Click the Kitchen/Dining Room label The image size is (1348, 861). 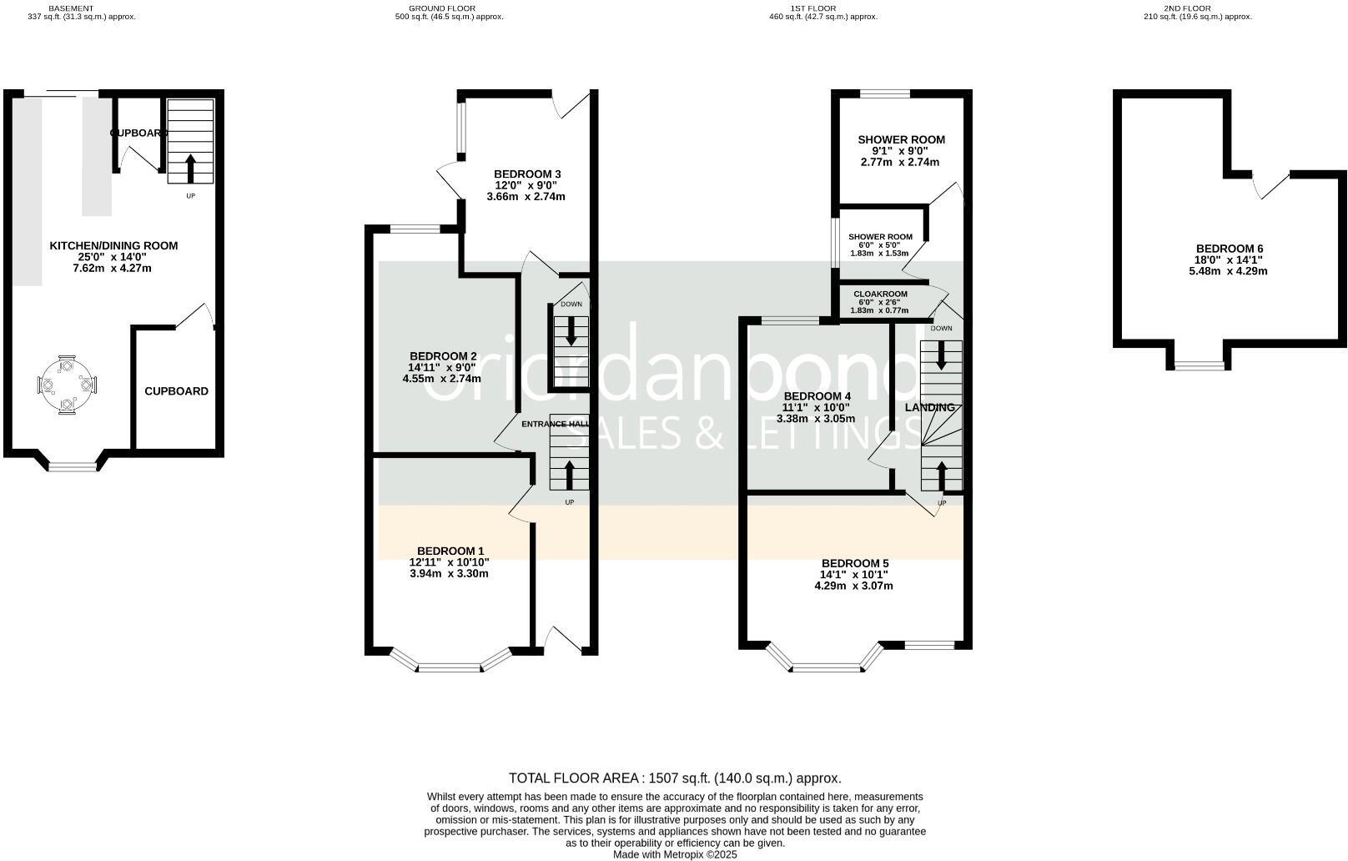pyautogui.click(x=113, y=245)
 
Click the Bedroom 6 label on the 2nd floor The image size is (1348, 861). pyautogui.click(x=1230, y=249)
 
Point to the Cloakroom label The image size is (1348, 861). pyautogui.click(x=880, y=294)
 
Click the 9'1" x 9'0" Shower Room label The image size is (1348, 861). pyautogui.click(x=901, y=139)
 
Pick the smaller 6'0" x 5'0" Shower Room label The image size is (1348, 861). pyautogui.click(x=880, y=237)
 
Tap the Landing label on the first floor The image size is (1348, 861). pyautogui.click(x=929, y=407)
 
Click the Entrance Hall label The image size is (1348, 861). pyautogui.click(x=555, y=424)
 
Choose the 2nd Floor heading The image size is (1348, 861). pyautogui.click(x=1197, y=8)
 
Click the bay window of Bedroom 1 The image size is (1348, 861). pyautogui.click(x=450, y=666)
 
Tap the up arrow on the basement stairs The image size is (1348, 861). pyautogui.click(x=190, y=168)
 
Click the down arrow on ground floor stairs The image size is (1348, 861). pyautogui.click(x=571, y=331)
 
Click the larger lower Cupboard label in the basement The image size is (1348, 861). pyautogui.click(x=176, y=391)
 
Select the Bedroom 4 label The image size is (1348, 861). pyautogui.click(x=817, y=395)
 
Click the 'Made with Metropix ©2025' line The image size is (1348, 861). pyautogui.click(x=675, y=854)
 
